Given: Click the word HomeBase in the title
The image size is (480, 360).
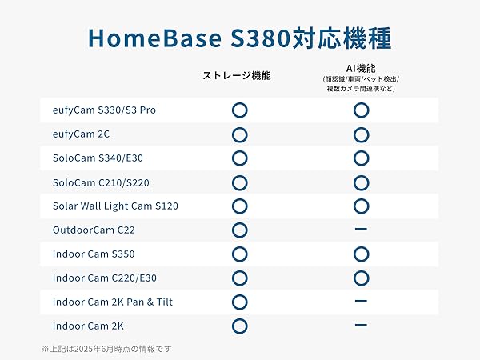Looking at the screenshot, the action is [154, 38].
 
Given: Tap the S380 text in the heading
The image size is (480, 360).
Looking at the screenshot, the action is [260, 38].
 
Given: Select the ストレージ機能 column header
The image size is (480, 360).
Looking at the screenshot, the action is [237, 75].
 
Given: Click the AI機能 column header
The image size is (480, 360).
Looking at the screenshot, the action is [361, 68].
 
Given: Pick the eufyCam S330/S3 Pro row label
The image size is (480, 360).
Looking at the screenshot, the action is [104, 110].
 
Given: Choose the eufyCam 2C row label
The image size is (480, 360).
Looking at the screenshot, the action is [81, 134].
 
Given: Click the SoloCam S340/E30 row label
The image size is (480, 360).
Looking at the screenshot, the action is [98, 158].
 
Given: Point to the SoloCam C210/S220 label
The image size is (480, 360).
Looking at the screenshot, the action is [101, 182].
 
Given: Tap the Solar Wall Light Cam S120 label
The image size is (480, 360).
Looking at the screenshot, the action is [115, 206].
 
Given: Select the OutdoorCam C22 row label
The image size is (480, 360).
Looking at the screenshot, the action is [94, 230].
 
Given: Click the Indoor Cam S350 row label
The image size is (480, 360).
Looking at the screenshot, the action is [94, 254].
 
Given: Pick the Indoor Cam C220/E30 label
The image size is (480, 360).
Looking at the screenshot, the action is [104, 278].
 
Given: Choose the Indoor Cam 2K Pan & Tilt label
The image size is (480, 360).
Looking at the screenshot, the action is [112, 302].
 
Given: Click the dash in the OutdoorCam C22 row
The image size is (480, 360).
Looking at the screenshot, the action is [361, 229].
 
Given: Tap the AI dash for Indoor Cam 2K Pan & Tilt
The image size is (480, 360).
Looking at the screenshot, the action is [361, 302].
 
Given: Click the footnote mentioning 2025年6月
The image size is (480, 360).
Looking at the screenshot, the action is [106, 349].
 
